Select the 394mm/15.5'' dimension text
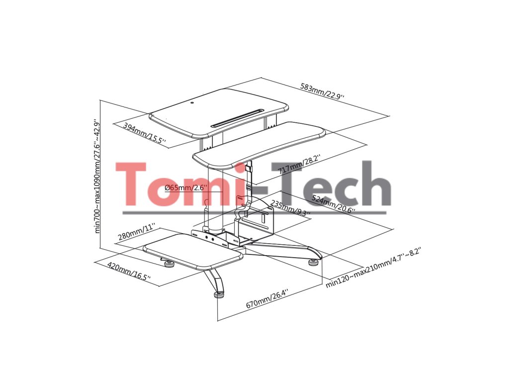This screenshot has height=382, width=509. click(x=144, y=133)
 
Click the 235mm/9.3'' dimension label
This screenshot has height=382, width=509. click(x=290, y=208)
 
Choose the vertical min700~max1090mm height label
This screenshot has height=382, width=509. click(x=97, y=176)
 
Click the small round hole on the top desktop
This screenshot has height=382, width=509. click(x=192, y=103)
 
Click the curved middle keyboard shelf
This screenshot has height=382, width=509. click(x=258, y=145)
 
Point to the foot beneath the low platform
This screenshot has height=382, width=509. click(x=170, y=263)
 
